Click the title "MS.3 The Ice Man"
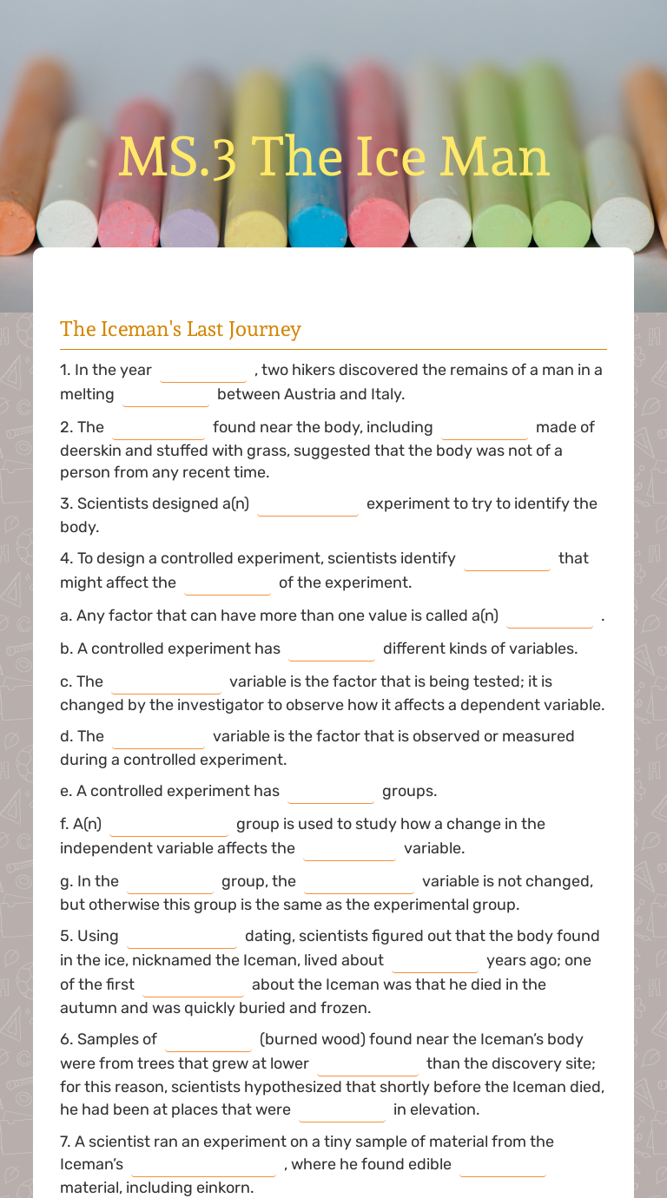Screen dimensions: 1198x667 (333, 158)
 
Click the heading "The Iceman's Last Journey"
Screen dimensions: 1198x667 (180, 329)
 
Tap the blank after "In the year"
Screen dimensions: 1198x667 (203, 372)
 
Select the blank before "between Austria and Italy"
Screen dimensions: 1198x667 (166, 396)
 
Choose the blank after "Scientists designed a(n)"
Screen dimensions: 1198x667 (307, 505)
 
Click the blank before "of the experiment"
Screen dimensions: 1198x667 (228, 584)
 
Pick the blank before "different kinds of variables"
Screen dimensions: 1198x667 (332, 650)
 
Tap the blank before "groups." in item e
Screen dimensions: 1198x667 (331, 793)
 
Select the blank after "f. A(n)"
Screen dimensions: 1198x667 (168, 826)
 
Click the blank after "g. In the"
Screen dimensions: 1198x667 (170, 883)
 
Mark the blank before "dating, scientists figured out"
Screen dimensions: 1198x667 (182, 938)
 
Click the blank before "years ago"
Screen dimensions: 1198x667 (434, 962)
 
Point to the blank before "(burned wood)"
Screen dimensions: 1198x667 (208, 1041)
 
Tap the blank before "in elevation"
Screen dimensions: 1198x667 (342, 1111)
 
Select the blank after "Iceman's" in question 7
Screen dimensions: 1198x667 (203, 1166)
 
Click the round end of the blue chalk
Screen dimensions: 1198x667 (317, 227)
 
